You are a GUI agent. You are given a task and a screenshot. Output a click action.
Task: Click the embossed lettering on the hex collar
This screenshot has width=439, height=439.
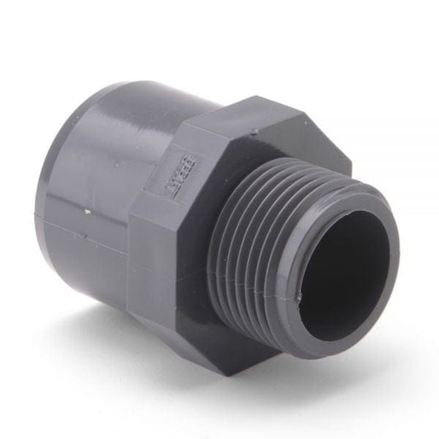pos(162,167)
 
